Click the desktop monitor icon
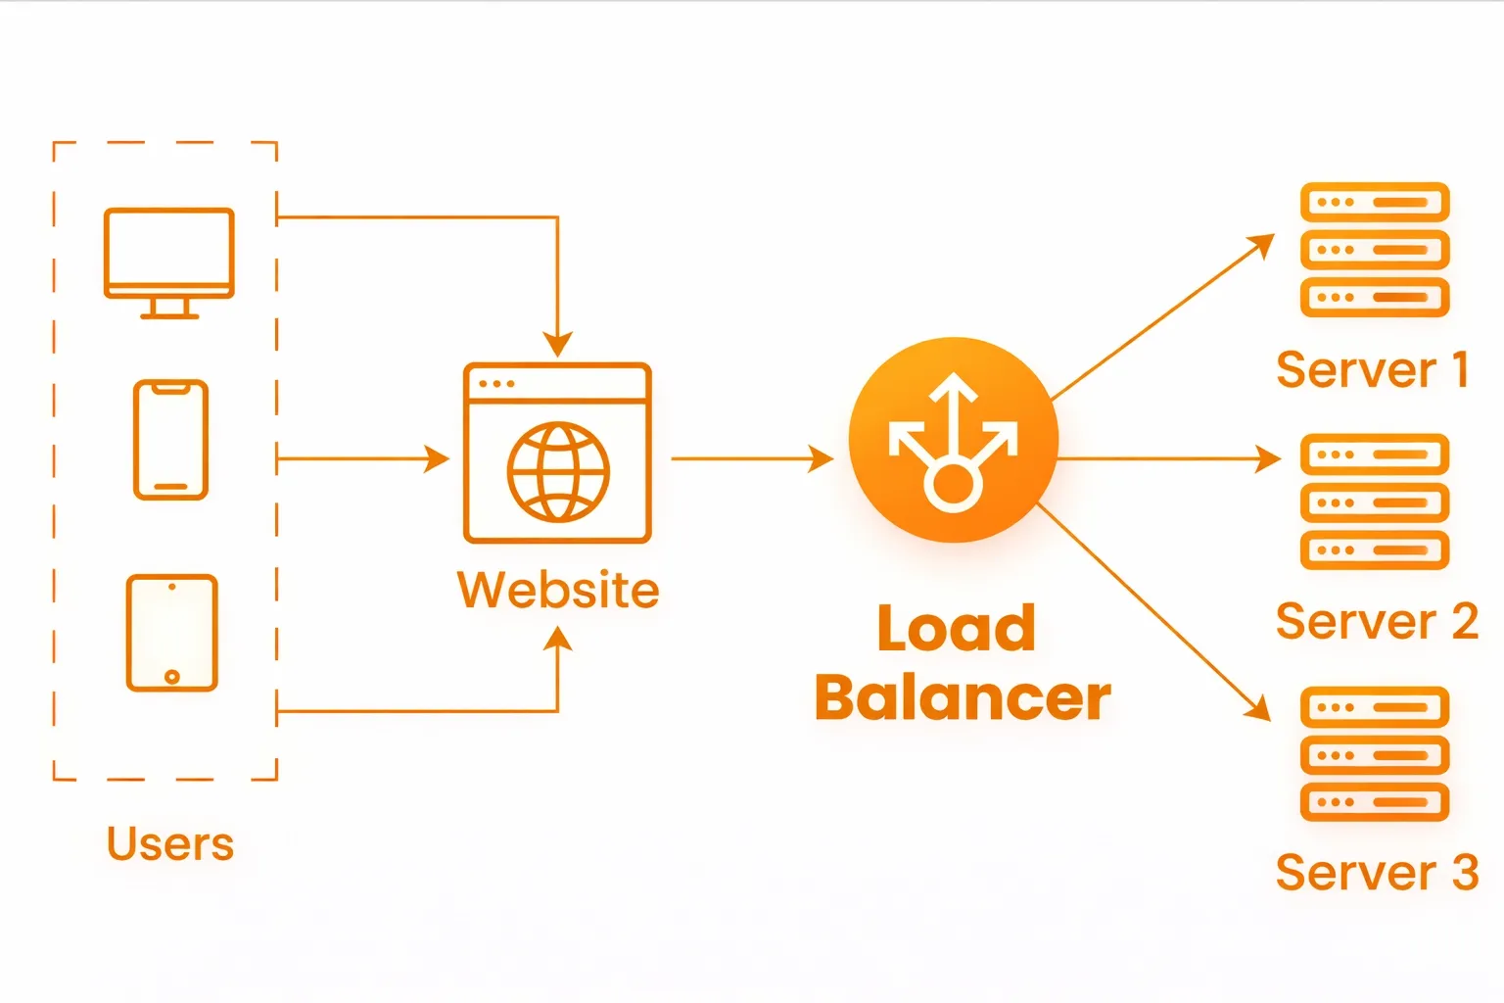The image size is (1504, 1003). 168,261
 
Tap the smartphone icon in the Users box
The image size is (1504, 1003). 170,440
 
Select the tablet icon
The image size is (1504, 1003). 171,633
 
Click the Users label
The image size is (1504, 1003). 170,843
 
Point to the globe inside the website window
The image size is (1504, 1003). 558,472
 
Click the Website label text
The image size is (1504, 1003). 558,590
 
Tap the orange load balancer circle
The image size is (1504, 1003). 953,440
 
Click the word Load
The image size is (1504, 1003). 956,628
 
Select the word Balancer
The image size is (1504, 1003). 963,697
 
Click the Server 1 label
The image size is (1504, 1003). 1372,369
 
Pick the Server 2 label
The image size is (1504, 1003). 1376,621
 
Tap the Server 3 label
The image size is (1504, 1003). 1376,872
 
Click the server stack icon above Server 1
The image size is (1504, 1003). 1374,250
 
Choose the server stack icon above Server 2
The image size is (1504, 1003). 1374,501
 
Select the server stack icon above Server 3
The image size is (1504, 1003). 1374,754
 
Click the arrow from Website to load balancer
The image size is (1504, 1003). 751,457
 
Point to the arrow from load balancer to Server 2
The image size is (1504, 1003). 1170,457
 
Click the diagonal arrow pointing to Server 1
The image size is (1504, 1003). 1162,317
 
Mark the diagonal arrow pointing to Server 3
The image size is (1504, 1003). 1155,613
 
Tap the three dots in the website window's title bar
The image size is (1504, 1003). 496,384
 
